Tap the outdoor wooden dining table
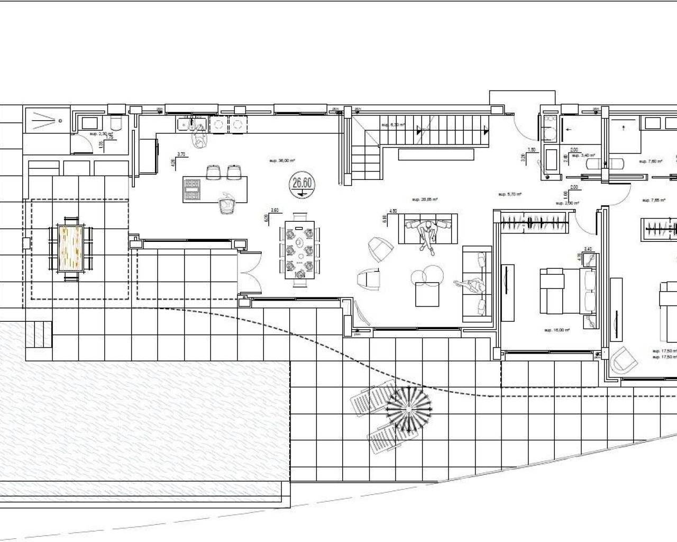point(70,248)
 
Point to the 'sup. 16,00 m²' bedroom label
point(556,330)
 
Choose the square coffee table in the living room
point(428,294)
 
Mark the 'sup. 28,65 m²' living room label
point(424,200)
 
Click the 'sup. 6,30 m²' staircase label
point(393,125)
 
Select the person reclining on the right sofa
point(472,286)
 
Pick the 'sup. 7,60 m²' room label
point(650,161)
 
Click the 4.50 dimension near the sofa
point(393,211)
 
